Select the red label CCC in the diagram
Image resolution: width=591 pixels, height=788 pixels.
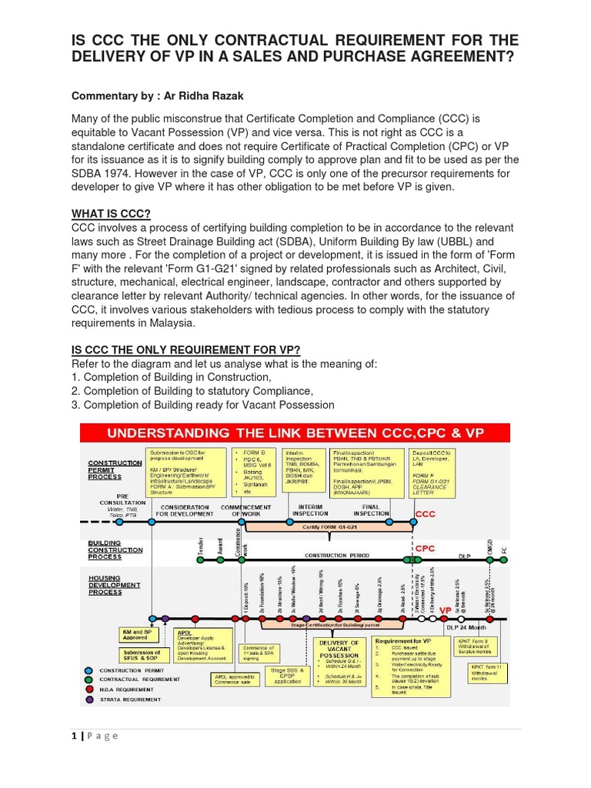(x=426, y=513)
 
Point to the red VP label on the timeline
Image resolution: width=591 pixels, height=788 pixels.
(x=445, y=610)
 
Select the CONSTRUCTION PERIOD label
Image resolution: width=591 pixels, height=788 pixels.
(x=336, y=554)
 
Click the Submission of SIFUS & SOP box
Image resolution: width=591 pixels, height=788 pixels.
(x=142, y=655)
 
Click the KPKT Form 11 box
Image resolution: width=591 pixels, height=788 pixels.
(x=489, y=672)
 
